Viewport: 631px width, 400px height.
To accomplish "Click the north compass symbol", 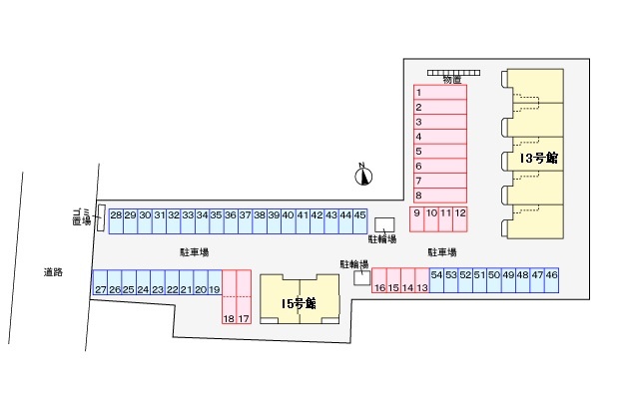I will (363, 176).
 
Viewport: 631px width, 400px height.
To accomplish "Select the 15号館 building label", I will (298, 302).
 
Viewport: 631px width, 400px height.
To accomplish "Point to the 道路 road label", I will (53, 271).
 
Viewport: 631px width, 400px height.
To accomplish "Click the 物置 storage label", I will (452, 78).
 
